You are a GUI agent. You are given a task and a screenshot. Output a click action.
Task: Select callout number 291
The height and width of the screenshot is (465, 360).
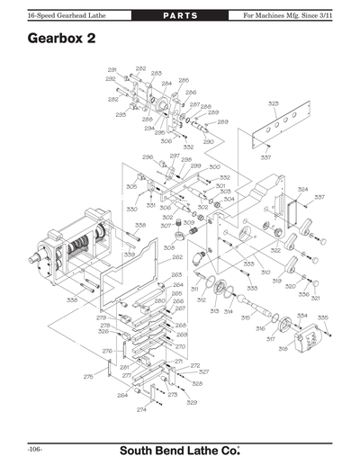pyautogui.click(x=112, y=70)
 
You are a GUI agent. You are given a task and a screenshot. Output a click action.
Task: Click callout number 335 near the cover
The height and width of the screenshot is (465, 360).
pyautogui.click(x=322, y=317)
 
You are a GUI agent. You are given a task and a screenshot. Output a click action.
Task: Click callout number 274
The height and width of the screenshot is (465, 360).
pyautogui.click(x=141, y=409)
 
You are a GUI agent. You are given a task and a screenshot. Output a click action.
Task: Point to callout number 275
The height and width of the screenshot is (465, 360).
pyautogui.click(x=88, y=377)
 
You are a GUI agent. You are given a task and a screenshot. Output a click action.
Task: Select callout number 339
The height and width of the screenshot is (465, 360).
pyautogui.click(x=130, y=255)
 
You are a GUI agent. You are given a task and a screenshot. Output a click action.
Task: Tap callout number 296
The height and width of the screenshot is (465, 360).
pyautogui.click(x=147, y=157)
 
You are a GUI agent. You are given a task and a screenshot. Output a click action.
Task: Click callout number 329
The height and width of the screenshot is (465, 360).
pyautogui.click(x=192, y=402)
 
